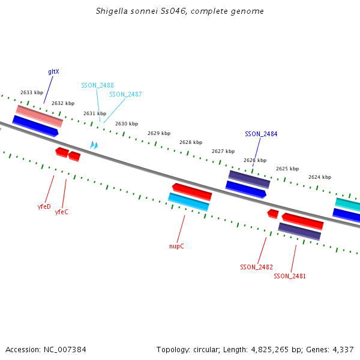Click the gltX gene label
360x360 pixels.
53,71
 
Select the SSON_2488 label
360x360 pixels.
97,85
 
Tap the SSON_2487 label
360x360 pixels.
125,94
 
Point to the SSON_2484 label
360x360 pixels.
261,134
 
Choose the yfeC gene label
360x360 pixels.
62,212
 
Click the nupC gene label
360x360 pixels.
176,245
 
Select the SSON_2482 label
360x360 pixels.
256,267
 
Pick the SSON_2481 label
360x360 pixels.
290,276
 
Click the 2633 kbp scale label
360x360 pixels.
32,92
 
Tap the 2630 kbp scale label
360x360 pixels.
127,124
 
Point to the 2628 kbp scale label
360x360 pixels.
190,142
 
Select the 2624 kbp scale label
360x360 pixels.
320,177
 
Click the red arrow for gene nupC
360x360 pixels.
192,191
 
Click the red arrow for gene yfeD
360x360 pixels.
61,152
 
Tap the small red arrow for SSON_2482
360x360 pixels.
272,214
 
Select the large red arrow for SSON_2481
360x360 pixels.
302,221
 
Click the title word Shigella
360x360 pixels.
112,11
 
